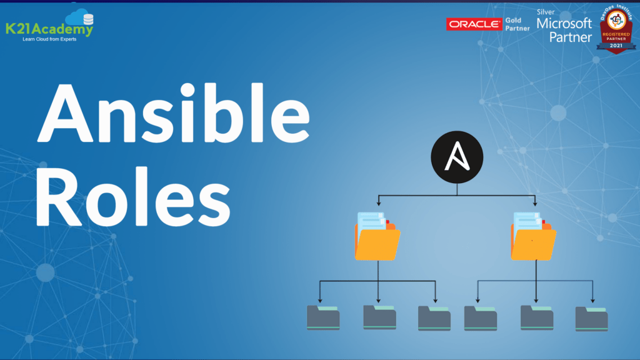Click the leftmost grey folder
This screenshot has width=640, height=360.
(x=323, y=317)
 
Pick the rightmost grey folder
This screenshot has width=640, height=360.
(x=591, y=317)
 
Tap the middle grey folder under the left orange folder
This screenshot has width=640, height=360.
(x=379, y=316)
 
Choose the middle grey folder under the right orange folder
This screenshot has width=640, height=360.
(x=537, y=316)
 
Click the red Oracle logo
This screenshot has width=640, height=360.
(x=474, y=24)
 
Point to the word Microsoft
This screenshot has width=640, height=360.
(x=571, y=24)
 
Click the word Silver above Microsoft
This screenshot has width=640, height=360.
(x=546, y=11)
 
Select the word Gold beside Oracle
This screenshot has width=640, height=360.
(x=514, y=19)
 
